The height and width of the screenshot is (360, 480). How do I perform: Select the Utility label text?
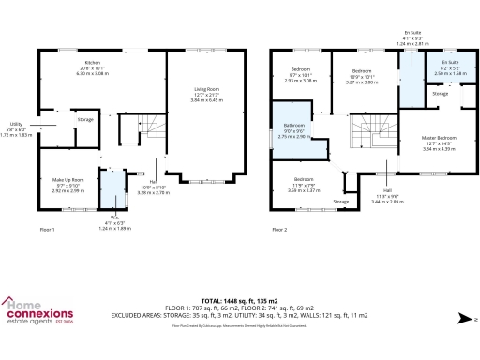point(16,123)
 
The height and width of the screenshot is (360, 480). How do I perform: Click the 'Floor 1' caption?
point(48,229)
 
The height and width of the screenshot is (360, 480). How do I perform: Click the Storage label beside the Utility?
point(84,119)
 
